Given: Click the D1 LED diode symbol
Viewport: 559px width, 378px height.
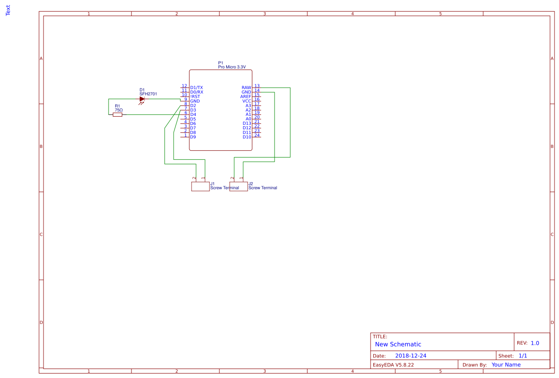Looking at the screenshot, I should [x=142, y=99].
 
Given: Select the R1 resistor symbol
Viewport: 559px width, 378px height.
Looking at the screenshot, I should [x=118, y=115].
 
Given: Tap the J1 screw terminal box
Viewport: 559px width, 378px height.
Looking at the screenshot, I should [x=200, y=187].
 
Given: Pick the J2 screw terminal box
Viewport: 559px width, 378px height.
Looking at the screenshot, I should [x=238, y=187].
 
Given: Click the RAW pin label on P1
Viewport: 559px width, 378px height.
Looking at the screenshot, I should [x=246, y=88].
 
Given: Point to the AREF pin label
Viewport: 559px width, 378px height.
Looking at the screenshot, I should [x=246, y=97].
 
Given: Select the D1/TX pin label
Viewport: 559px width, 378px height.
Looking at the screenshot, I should [x=197, y=88].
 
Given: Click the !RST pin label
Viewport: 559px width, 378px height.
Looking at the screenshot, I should [x=195, y=97].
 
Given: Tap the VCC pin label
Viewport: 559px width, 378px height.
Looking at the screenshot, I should [x=247, y=101].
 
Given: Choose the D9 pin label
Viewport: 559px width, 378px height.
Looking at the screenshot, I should [x=193, y=137].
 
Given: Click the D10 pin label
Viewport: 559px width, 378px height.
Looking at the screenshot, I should [x=247, y=137].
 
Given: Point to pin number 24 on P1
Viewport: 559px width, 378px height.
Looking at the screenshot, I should [x=257, y=135].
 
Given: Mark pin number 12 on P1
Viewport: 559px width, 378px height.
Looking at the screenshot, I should [x=184, y=86].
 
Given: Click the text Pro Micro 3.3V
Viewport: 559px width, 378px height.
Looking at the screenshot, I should [x=232, y=67].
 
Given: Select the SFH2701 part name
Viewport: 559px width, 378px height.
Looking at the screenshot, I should [x=148, y=94].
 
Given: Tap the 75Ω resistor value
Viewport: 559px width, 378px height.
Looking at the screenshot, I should [x=119, y=110].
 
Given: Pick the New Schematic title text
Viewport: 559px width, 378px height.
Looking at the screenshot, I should [x=398, y=344].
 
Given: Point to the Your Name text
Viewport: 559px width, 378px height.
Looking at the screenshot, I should [x=506, y=365].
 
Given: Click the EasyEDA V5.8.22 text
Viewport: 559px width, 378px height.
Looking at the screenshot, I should [x=393, y=365].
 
